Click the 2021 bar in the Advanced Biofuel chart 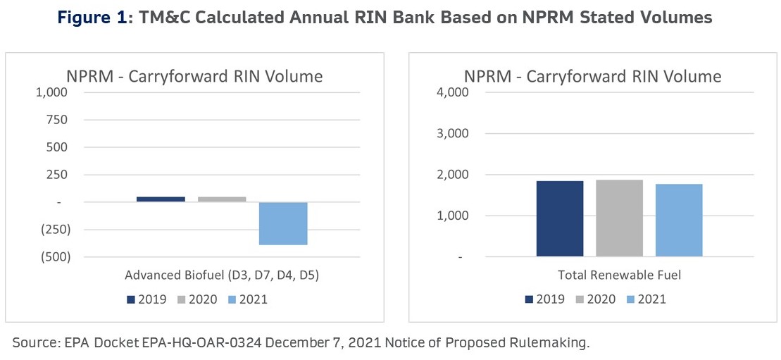[283, 223]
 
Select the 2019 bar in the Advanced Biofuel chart [161, 199]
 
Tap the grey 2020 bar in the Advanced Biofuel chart [222, 199]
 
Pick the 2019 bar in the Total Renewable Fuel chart [560, 218]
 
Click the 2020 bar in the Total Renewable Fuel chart [620, 218]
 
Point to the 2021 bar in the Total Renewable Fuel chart [679, 220]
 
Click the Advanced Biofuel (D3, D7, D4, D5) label [222, 275]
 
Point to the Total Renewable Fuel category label [620, 275]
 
